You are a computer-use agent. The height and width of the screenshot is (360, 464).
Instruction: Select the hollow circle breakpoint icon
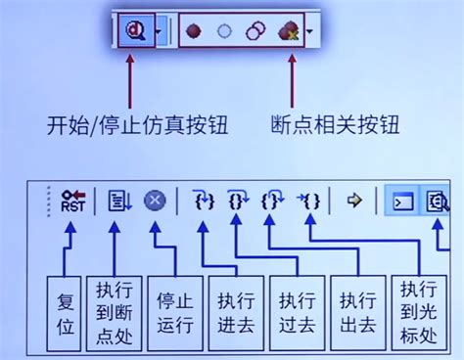point(225,32)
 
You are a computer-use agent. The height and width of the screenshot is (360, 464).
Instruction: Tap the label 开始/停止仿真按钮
point(122,126)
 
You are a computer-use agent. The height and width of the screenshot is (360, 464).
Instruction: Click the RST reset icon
point(72,201)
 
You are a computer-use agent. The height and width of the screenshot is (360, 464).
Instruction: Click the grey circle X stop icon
point(155,201)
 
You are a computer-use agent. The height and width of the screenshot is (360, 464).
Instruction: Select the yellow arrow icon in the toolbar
point(354,201)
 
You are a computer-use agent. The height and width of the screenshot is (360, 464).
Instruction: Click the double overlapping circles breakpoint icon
point(255,32)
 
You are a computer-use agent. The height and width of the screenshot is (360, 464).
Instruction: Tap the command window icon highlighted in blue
point(401,201)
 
